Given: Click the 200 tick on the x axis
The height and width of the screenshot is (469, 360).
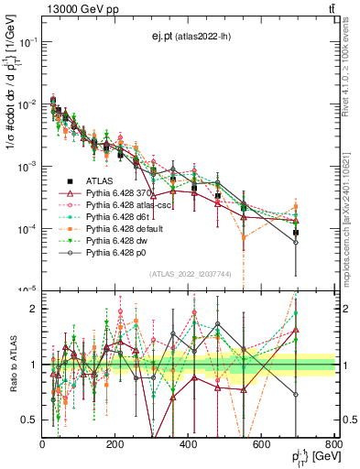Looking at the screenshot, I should (115, 446).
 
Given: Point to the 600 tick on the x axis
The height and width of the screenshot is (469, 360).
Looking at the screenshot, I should (261, 446).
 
